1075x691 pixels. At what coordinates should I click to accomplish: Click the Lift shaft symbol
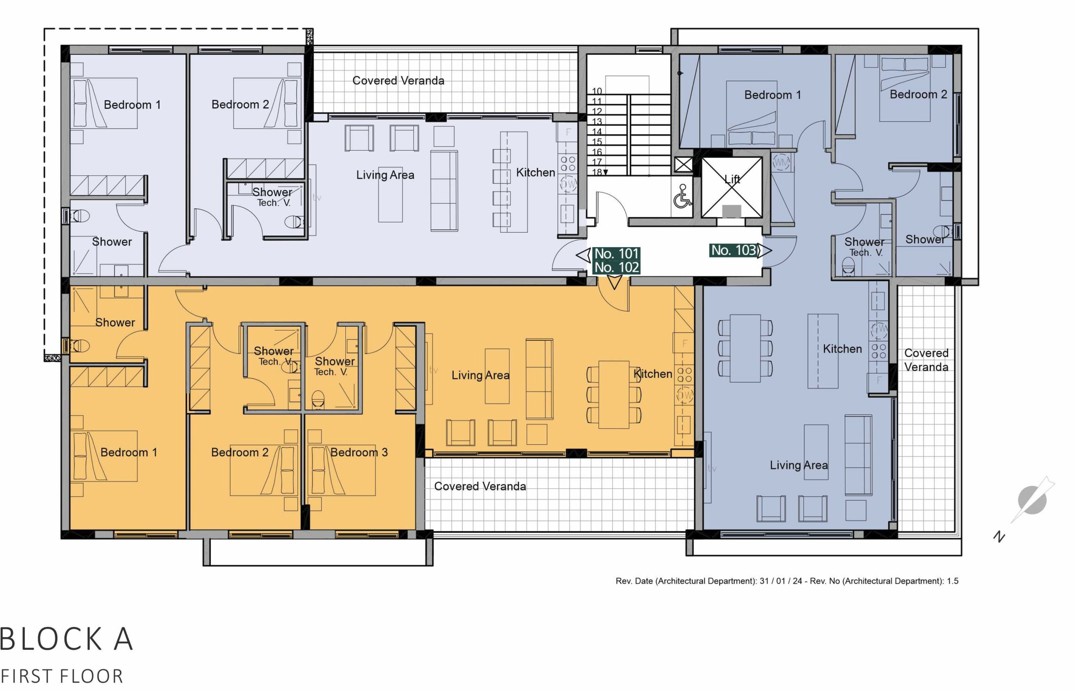[x=732, y=187]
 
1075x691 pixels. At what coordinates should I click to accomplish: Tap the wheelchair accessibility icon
[x=681, y=196]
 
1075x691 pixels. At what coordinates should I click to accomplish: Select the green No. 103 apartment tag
[x=734, y=250]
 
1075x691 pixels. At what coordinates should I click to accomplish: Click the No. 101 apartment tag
[x=616, y=254]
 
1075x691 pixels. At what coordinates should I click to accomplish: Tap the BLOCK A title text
[x=66, y=638]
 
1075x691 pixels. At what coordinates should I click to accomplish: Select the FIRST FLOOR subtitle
[x=62, y=676]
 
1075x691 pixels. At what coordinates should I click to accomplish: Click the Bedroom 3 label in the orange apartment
[x=359, y=452]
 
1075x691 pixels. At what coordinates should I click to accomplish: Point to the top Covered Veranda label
[x=398, y=80]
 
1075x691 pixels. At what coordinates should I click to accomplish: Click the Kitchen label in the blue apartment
[x=843, y=348]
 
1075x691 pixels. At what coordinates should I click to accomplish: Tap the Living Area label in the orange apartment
[x=480, y=375]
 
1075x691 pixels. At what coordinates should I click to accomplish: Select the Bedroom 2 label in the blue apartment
[x=918, y=94]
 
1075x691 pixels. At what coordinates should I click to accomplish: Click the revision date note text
[x=787, y=581]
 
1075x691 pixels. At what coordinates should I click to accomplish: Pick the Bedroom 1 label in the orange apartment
[x=129, y=452]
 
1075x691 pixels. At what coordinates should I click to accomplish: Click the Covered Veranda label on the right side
[x=926, y=360]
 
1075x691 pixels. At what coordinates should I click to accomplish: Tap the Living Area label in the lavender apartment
[x=385, y=175]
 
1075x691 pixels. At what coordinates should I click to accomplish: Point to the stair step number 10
[x=596, y=90]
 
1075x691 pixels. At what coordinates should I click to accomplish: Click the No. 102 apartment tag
[x=616, y=267]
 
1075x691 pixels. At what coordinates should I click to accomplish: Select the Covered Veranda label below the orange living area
[x=480, y=486]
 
